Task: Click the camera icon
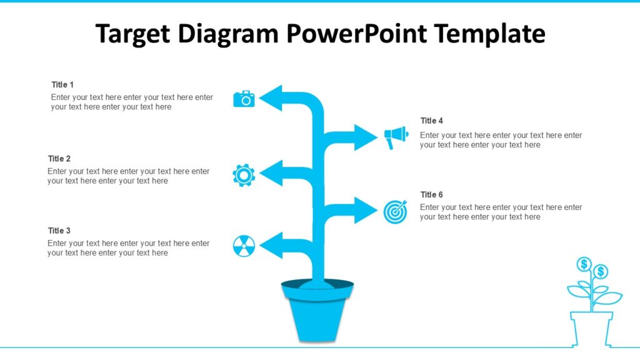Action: (x=244, y=99)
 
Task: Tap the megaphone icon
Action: (x=396, y=137)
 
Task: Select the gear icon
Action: (x=244, y=175)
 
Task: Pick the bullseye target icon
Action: (x=395, y=212)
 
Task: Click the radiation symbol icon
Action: (x=244, y=246)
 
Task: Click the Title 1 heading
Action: (x=62, y=84)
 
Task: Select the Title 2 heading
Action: (x=59, y=159)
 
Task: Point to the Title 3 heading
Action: (x=59, y=231)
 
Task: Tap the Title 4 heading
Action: (x=432, y=121)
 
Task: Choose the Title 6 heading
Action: (x=432, y=194)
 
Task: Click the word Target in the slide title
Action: (x=133, y=34)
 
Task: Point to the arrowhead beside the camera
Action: (x=271, y=98)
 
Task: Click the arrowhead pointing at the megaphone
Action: (x=366, y=137)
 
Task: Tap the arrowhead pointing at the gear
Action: (x=271, y=173)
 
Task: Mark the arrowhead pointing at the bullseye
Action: (x=366, y=210)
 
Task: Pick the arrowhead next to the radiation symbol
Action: (x=271, y=246)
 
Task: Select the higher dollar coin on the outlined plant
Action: (x=584, y=264)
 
